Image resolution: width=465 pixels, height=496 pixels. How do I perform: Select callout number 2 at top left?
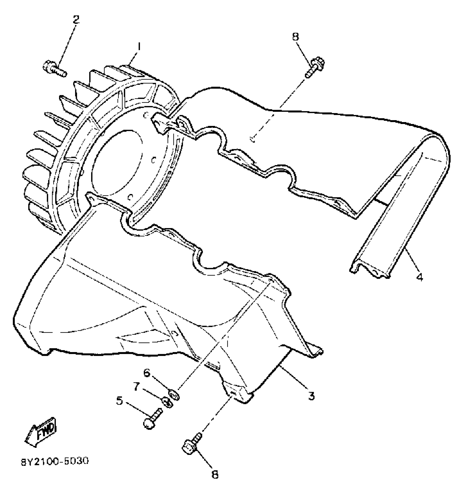point(76,19)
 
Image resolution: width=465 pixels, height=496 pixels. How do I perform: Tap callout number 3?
point(311,396)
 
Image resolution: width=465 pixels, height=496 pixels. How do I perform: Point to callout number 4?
point(419,277)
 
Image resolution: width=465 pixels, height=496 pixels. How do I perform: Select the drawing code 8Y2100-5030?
point(55,461)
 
